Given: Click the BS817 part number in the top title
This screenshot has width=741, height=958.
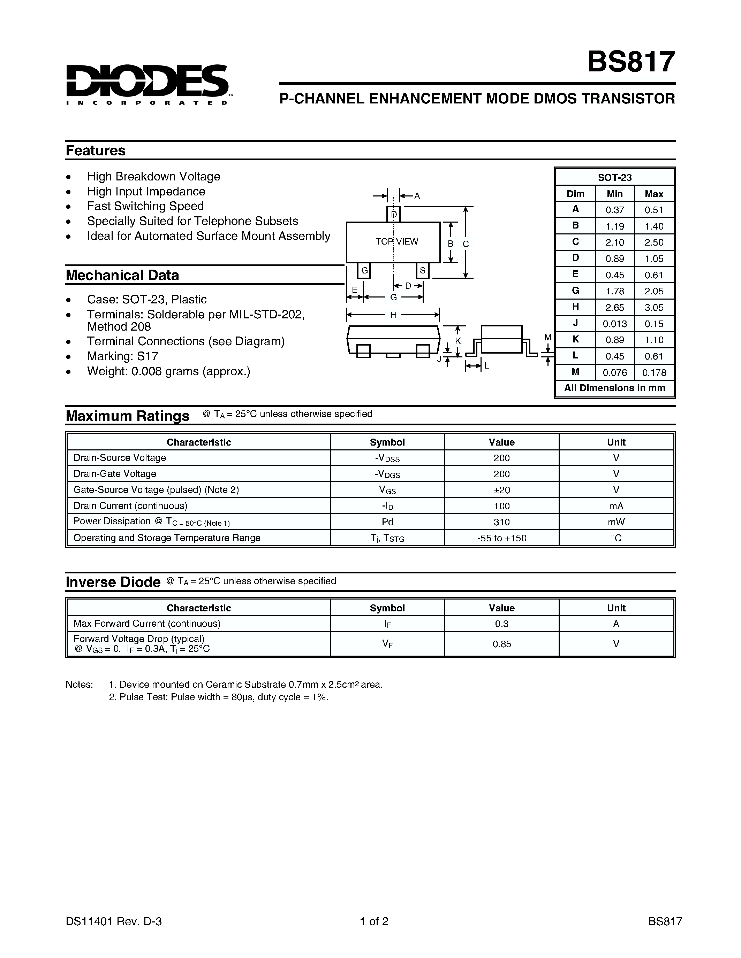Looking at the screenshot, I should tap(631, 62).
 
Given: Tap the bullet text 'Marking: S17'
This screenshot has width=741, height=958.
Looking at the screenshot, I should tap(122, 356).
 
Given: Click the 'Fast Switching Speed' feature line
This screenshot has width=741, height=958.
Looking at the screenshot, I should tap(145, 206).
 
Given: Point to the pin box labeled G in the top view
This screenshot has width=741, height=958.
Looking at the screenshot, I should tap(364, 271).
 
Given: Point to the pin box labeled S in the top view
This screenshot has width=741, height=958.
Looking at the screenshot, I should tap(422, 271).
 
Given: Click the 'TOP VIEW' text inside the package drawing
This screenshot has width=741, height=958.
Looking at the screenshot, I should tap(397, 242).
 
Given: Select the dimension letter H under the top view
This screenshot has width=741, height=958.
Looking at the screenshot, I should tap(393, 315).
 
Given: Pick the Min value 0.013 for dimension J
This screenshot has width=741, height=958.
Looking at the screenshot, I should tap(614, 324).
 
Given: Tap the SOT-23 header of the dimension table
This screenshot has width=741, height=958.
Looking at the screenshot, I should tap(614, 178).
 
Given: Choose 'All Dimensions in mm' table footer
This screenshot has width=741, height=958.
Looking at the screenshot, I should tap(614, 388).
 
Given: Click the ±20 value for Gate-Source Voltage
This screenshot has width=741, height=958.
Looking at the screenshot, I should tap(501, 490).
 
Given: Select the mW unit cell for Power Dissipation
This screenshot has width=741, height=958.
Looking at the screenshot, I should tap(616, 522).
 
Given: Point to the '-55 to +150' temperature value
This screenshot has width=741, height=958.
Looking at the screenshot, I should tap(501, 538).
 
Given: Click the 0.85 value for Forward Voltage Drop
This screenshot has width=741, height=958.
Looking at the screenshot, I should tap(501, 644).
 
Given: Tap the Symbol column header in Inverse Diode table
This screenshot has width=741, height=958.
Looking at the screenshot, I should tap(387, 608).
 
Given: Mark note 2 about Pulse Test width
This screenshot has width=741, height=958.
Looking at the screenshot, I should tap(219, 697).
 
